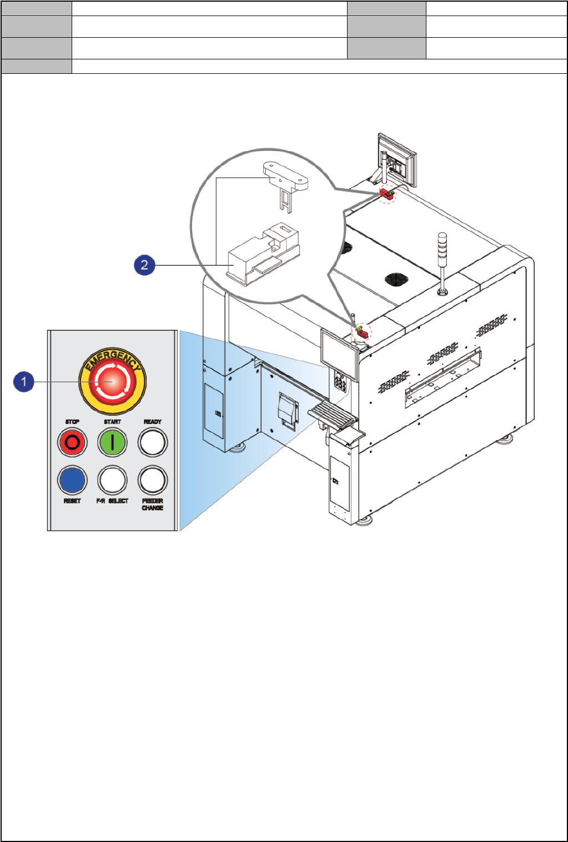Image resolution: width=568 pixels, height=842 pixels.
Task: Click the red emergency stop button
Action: click(112, 382)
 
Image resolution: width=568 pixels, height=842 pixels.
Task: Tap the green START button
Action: click(112, 443)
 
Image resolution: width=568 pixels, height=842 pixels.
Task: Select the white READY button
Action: click(153, 443)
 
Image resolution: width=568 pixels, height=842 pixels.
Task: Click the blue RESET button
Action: click(72, 480)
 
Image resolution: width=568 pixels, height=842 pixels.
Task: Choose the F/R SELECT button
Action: click(112, 480)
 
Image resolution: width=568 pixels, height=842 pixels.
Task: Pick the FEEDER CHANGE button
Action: click(153, 480)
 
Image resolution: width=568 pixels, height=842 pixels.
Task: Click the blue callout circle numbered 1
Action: click(24, 382)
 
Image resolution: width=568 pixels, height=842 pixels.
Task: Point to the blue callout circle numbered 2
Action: click(144, 265)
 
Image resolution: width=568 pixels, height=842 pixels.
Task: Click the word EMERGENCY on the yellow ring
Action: click(112, 359)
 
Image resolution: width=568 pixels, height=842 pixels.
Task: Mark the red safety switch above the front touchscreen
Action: click(362, 333)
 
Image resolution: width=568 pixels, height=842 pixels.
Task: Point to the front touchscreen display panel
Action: click(339, 354)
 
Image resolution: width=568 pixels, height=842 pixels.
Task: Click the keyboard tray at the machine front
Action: click(332, 415)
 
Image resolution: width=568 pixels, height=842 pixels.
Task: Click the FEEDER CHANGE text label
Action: click(153, 505)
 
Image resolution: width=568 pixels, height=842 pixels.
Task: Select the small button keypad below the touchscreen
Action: click(339, 382)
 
